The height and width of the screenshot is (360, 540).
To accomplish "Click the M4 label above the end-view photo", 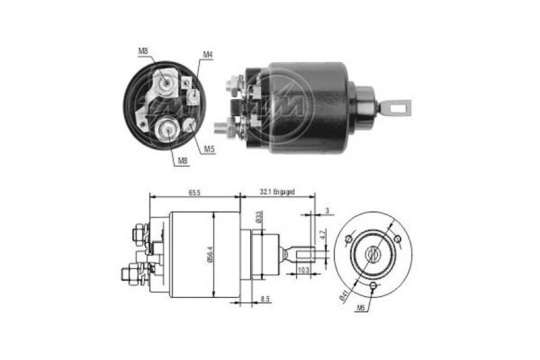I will point(208,55).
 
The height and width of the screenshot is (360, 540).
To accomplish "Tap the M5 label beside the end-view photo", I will point(209,149).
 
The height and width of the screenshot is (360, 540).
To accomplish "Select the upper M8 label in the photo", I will point(143,51).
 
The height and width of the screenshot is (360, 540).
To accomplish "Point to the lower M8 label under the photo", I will point(182,161).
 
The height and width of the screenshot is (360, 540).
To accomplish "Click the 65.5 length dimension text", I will point(194,192).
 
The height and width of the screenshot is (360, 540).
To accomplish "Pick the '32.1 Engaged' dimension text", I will point(277,192).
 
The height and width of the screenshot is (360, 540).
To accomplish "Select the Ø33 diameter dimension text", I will point(259,217).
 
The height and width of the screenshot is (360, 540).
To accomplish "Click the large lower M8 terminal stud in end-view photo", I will point(168,130).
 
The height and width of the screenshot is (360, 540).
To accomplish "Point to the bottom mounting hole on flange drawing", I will point(373,286).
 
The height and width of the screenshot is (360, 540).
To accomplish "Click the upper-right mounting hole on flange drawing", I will point(397,238).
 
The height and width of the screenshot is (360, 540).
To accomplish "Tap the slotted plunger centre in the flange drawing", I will point(373,253).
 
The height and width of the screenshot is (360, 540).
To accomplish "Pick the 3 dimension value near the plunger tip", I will point(327,211).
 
